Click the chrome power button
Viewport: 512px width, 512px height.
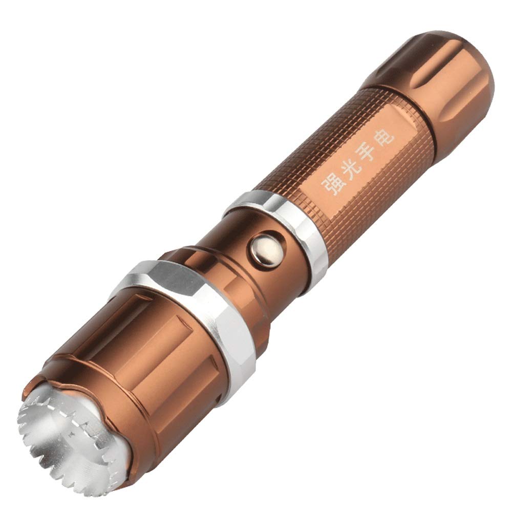[x=265, y=247]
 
